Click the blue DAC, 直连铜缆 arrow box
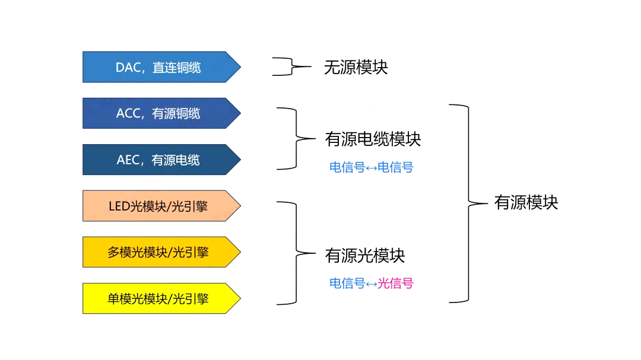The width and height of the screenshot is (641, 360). pyautogui.click(x=160, y=67)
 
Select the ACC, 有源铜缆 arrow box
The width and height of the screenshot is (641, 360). pyautogui.click(x=160, y=113)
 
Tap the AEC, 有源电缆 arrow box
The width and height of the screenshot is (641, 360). pyautogui.click(x=160, y=160)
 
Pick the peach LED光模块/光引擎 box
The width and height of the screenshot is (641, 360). pyautogui.click(x=160, y=206)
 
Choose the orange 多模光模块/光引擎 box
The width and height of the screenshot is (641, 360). pyautogui.click(x=160, y=252)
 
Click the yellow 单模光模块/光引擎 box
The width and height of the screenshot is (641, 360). pyautogui.click(x=160, y=298)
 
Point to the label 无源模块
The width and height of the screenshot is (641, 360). pyautogui.click(x=356, y=67)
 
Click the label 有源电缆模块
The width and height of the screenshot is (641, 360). pyautogui.click(x=373, y=139)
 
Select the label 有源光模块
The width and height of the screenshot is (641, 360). pyautogui.click(x=365, y=256)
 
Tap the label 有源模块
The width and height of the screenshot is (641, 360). pyautogui.click(x=526, y=203)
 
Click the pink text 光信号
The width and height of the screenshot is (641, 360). pyautogui.click(x=395, y=283)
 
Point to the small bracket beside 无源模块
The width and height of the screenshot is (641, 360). pyautogui.click(x=291, y=67)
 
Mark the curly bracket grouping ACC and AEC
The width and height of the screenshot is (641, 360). pyautogui.click(x=296, y=139)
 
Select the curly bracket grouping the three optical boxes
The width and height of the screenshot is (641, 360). pyautogui.click(x=296, y=253)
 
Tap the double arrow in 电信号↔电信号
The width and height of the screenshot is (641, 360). pyautogui.click(x=372, y=168)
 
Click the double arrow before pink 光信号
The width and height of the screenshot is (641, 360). pyautogui.click(x=372, y=284)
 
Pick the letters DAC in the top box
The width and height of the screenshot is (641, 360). pyautogui.click(x=126, y=68)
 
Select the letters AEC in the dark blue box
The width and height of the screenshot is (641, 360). pyautogui.click(x=128, y=160)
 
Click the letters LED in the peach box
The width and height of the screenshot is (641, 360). pyautogui.click(x=118, y=206)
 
